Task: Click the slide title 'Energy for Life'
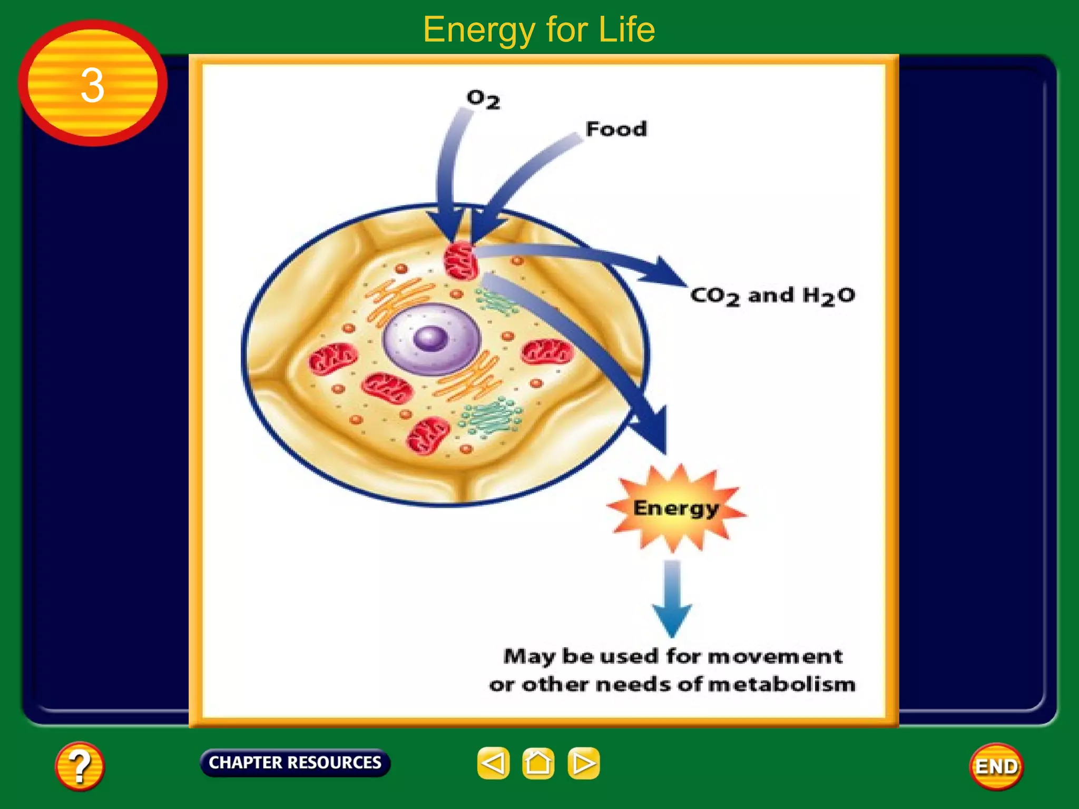point(539,29)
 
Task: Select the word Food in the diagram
point(616,129)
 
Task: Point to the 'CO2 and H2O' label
point(772,295)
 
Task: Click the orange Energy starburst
point(676,508)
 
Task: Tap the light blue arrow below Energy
point(672,598)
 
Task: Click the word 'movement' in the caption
point(775,656)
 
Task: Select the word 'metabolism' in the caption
point(782,685)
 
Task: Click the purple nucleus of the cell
point(431,338)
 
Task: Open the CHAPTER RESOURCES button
point(295,762)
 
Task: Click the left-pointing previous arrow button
point(493,763)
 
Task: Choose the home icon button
point(538,763)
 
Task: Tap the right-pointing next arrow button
point(583,763)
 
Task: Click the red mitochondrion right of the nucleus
point(547,351)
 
